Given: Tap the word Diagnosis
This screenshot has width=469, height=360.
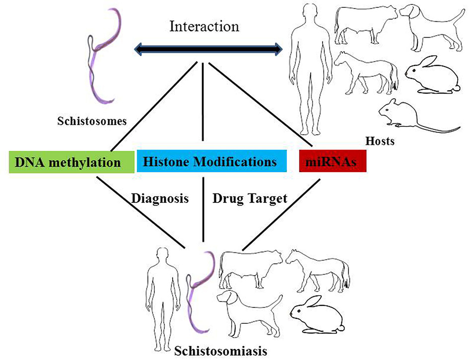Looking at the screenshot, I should coord(160,199).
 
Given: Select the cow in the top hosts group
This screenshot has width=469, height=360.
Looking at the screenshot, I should coord(365,23).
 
